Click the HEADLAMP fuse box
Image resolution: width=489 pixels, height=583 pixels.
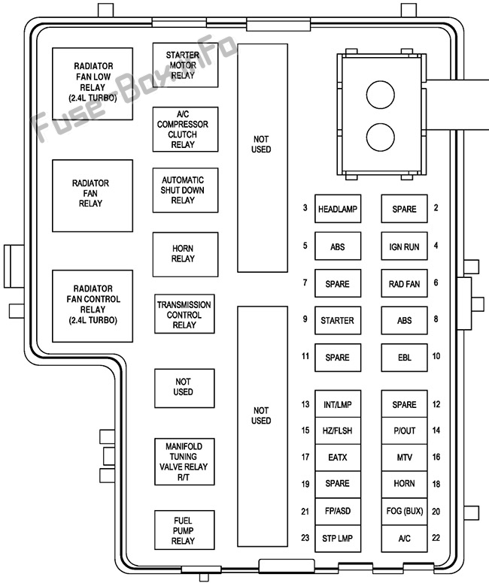[338, 209]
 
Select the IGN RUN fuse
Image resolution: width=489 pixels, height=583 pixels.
[404, 246]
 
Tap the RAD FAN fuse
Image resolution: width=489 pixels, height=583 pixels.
[404, 284]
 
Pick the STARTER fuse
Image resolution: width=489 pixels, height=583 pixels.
[338, 321]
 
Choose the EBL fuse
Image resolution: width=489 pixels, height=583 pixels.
[404, 358]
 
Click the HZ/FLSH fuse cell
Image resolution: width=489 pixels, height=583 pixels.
[338, 430]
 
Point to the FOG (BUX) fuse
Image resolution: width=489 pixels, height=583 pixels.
[404, 512]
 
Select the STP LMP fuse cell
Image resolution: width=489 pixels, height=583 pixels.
[338, 539]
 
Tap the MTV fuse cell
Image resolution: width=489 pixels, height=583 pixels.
[404, 458]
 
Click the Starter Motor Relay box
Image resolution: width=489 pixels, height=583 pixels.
[185, 65]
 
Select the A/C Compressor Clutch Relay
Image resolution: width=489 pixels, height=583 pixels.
[185, 129]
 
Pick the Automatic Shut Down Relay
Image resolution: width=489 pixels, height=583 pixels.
[185, 190]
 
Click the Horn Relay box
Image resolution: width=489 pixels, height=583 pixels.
[185, 254]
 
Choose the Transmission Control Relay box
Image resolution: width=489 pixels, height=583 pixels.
[184, 315]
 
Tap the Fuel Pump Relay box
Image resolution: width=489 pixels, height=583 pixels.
[185, 530]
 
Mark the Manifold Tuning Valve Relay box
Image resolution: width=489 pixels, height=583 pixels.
[185, 462]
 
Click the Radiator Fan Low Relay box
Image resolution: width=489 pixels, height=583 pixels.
[93, 83]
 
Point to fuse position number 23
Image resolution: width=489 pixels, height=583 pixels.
[305, 538]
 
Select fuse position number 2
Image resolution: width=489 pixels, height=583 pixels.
[436, 208]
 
